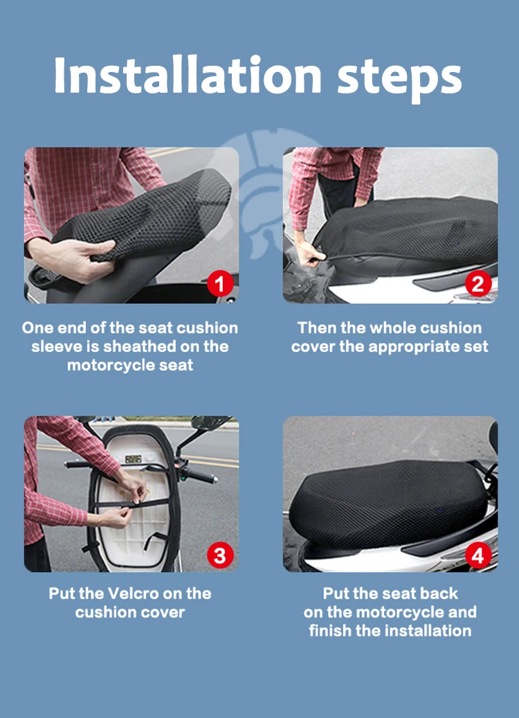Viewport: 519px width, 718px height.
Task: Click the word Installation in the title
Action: [188, 75]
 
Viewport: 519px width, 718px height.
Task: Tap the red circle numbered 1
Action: [220, 284]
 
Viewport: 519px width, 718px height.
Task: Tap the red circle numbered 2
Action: [478, 284]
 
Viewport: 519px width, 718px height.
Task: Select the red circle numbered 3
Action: [220, 555]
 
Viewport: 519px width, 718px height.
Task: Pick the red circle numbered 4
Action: [478, 555]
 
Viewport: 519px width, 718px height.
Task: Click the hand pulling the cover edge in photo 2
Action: [311, 255]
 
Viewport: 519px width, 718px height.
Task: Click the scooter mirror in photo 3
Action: [210, 422]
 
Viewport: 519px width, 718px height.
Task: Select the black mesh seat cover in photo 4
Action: [388, 503]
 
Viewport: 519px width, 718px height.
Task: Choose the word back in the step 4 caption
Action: [439, 593]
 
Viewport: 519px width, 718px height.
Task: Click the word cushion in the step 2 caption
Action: [450, 328]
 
